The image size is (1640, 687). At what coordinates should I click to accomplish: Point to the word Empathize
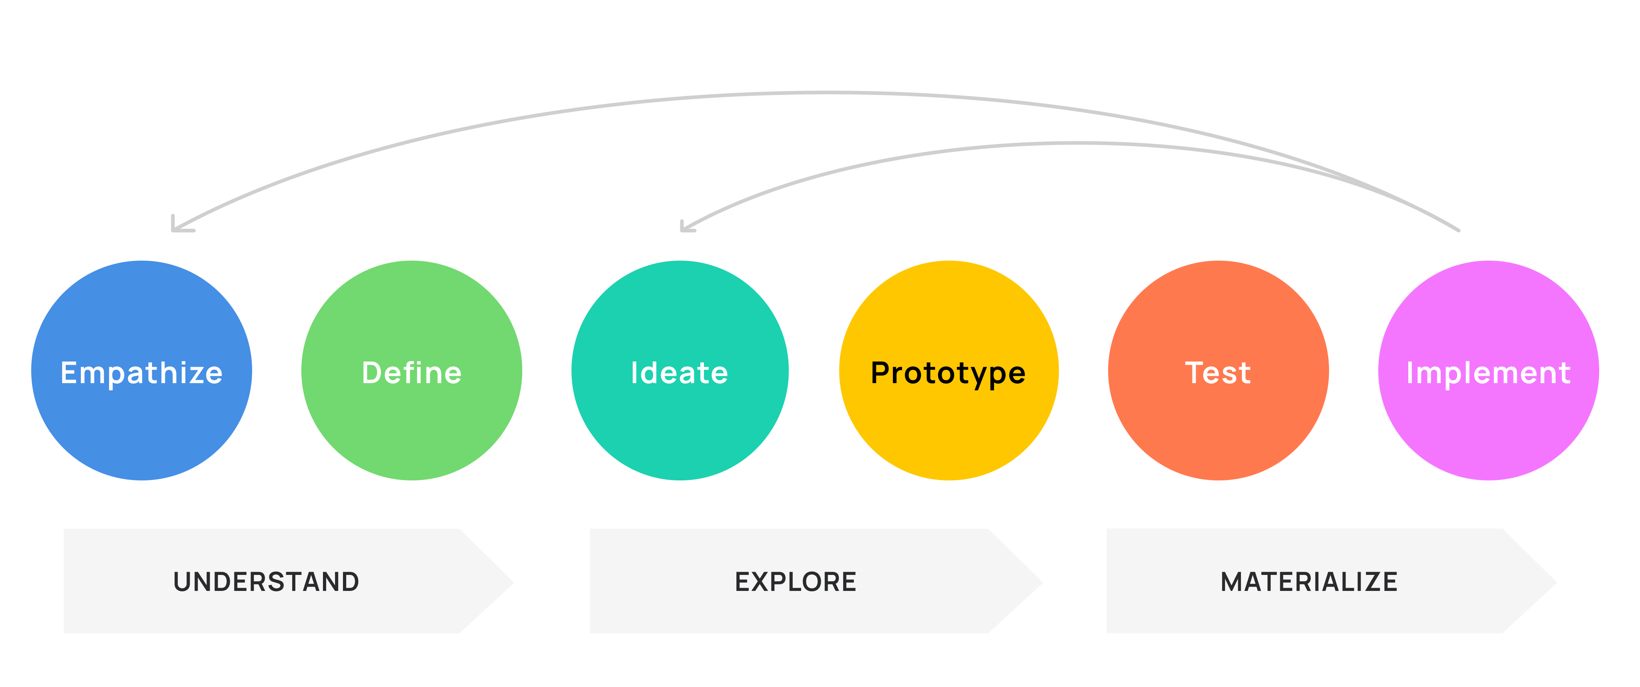(141, 373)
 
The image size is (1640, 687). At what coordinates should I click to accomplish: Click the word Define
(412, 373)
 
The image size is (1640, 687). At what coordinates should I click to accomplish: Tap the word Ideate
(679, 373)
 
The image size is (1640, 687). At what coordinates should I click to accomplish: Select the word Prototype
(948, 373)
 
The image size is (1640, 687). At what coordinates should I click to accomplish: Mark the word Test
(1218, 373)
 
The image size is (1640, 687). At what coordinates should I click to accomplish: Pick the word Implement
(1488, 373)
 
